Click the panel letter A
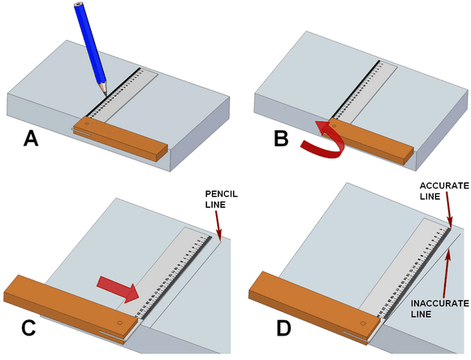coord(31,139)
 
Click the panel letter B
coord(281,139)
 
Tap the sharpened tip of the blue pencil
coord(106,96)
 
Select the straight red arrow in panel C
coord(118,288)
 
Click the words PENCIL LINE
coord(222,199)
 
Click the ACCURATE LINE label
coord(444,191)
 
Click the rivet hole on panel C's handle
coord(120,323)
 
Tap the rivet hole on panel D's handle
coord(363,323)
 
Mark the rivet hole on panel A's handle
coord(88,123)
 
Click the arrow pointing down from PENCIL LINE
coord(218,225)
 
